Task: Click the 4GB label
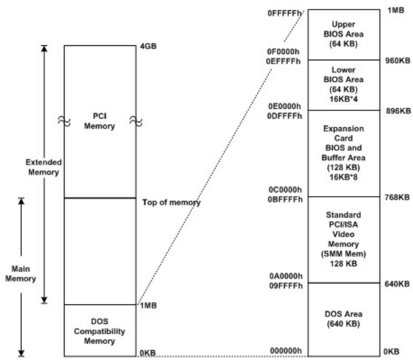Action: pyautogui.click(x=148, y=46)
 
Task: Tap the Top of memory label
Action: pyautogui.click(x=171, y=203)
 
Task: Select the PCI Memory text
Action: pyautogui.click(x=100, y=121)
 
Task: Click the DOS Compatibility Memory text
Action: pyautogui.click(x=100, y=331)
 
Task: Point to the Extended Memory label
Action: pyautogui.click(x=44, y=167)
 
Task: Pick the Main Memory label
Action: pyautogui.click(x=20, y=274)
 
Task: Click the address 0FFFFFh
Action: pyautogui.click(x=284, y=13)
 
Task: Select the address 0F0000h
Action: pyautogui.click(x=283, y=52)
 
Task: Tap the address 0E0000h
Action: pyautogui.click(x=284, y=106)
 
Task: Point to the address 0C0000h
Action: pyautogui.click(x=285, y=190)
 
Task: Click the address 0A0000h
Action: pyautogui.click(x=286, y=276)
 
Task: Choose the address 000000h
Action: pyautogui.click(x=286, y=351)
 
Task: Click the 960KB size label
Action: pyautogui.click(x=398, y=60)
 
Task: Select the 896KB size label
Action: pyautogui.click(x=398, y=111)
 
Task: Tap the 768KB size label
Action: pyautogui.click(x=397, y=197)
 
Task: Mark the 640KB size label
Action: pyautogui.click(x=397, y=284)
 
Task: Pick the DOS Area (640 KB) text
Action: pyautogui.click(x=344, y=319)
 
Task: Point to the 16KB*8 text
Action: pyautogui.click(x=344, y=177)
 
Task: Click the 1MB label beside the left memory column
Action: pyautogui.click(x=148, y=306)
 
